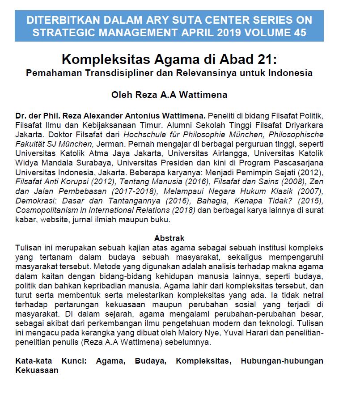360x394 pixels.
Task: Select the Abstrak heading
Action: click(x=169, y=238)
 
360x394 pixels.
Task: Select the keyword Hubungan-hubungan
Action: click(x=282, y=361)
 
